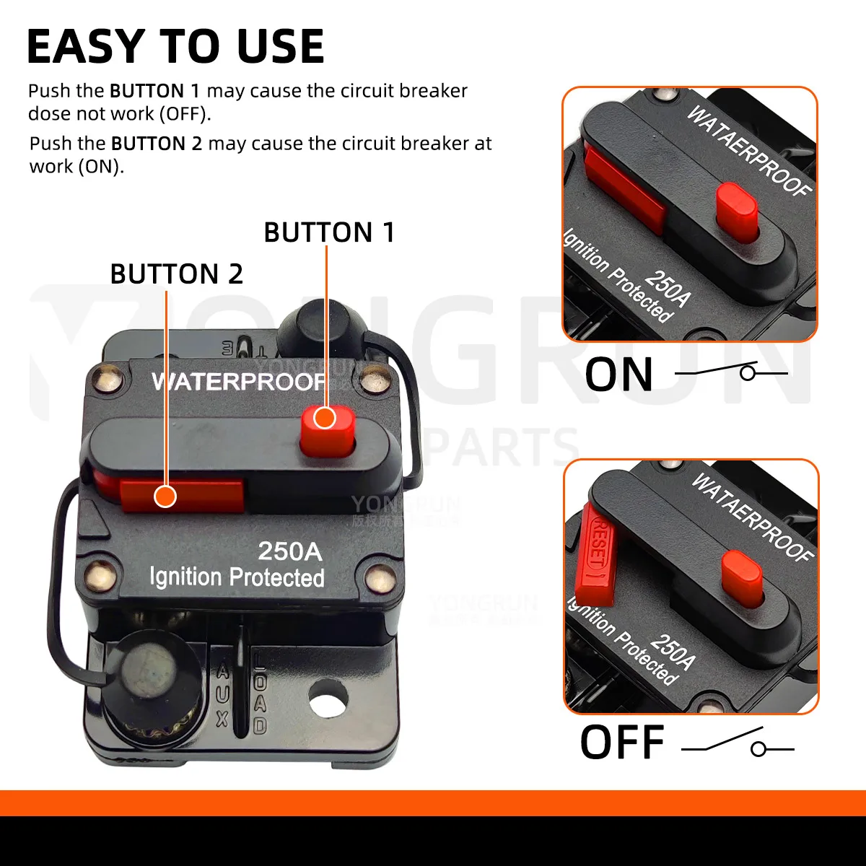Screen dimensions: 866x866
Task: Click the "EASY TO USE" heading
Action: point(175,47)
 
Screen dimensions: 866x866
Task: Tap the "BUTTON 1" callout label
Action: point(329,232)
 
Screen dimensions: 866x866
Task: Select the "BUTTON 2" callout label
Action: point(176,274)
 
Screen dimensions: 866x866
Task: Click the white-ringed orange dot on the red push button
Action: point(325,418)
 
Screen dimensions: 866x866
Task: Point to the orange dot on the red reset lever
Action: point(166,497)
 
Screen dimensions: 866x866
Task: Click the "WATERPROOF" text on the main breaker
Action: point(238,381)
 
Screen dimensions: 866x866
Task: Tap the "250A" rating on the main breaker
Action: point(290,551)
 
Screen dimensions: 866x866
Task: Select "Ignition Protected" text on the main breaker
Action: point(237,577)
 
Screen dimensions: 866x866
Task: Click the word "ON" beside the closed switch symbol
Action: point(618,375)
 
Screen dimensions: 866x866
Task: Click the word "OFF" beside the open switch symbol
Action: point(621,743)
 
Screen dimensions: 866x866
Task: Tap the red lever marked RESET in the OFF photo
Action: point(596,554)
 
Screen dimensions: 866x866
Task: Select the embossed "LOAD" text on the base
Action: point(260,697)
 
